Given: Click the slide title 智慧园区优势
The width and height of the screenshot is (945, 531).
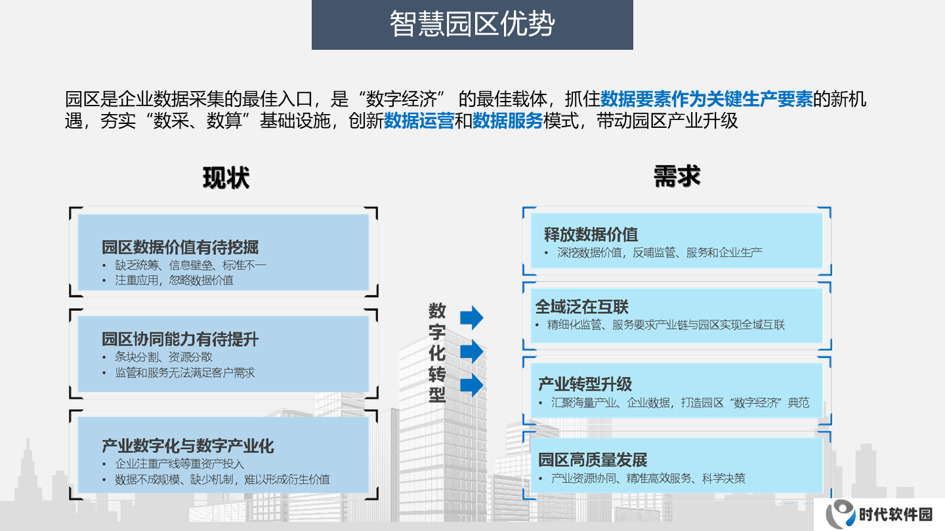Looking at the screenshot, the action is [x=472, y=24].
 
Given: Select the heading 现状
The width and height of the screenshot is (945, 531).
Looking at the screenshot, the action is [x=226, y=178].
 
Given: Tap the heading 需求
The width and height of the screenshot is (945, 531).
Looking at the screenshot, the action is [x=677, y=176].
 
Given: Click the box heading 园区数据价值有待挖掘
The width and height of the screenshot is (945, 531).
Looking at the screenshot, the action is [x=180, y=247].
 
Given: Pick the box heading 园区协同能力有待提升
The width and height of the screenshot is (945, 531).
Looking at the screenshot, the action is [x=180, y=339].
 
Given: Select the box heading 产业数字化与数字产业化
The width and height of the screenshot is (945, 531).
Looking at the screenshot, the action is [x=188, y=446].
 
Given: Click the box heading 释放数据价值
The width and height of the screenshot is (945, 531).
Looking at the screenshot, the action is [x=591, y=234].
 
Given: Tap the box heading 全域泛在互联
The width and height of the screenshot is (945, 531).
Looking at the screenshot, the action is [x=581, y=307].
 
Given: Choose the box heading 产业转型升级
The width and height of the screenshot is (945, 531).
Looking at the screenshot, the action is [x=585, y=384].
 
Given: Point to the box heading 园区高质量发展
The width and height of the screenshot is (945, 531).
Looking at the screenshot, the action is [x=593, y=460].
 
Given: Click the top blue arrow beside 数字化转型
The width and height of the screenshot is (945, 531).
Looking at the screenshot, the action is [x=472, y=317].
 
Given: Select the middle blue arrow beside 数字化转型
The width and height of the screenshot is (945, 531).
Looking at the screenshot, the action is [x=472, y=351].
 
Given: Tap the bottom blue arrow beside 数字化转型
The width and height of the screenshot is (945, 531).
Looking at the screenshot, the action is [x=472, y=385].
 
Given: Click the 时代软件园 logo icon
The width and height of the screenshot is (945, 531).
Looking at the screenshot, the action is [x=840, y=514].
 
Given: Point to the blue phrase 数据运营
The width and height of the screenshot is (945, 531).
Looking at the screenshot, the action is [x=419, y=121].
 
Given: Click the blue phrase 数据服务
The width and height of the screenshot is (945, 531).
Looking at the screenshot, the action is [x=507, y=121].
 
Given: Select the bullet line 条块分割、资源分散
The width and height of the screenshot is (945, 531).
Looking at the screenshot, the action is [x=163, y=357].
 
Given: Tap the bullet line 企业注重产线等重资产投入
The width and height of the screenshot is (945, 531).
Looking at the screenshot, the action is [x=180, y=464].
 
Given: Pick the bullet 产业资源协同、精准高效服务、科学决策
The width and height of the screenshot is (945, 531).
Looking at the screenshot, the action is [x=648, y=479].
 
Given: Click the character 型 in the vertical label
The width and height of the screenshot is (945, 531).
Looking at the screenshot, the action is [x=437, y=395].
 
